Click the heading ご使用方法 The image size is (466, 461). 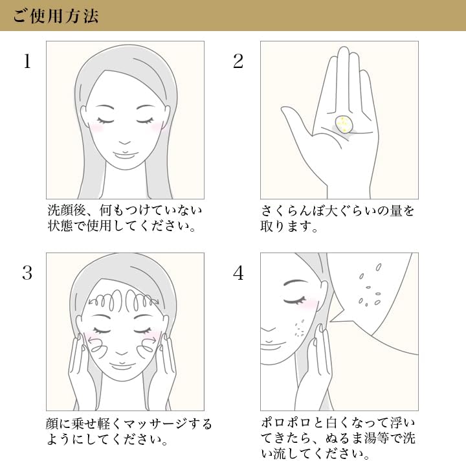[x=56, y=16]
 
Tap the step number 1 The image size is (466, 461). [x=27, y=62]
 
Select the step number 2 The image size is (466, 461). [x=238, y=62]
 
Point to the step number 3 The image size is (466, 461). [x=27, y=273]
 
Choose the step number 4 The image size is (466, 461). [x=238, y=273]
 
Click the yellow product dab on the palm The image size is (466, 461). [x=344, y=124]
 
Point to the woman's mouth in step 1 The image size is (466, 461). [x=126, y=155]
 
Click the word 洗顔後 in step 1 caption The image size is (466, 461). [x=67, y=210]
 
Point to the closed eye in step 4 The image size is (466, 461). [x=294, y=301]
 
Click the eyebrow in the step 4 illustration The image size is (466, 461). [x=295, y=282]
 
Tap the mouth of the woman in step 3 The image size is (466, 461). [x=122, y=365]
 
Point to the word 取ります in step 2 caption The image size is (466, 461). [x=286, y=226]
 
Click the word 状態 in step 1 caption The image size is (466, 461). [x=60, y=225]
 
